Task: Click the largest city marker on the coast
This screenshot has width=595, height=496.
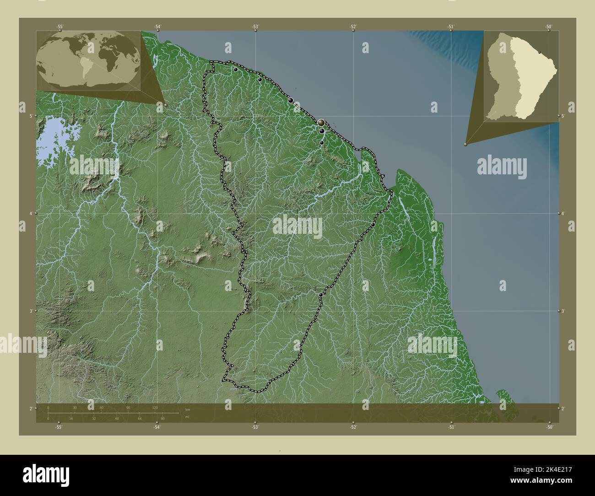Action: (x=322, y=122)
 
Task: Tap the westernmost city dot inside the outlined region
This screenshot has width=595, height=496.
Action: (x=235, y=70)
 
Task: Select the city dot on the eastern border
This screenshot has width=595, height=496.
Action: (x=373, y=225)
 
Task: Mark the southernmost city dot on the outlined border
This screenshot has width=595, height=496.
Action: (x=321, y=295)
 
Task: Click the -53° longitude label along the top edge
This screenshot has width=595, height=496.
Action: (x=255, y=27)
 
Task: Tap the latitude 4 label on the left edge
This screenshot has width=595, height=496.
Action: (x=31, y=214)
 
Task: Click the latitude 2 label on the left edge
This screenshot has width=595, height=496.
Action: (x=31, y=408)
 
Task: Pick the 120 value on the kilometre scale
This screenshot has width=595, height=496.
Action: (x=155, y=407)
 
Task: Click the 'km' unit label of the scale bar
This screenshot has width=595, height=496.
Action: (x=187, y=409)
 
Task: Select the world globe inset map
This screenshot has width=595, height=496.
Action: (x=88, y=60)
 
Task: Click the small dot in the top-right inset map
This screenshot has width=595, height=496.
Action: (x=540, y=53)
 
